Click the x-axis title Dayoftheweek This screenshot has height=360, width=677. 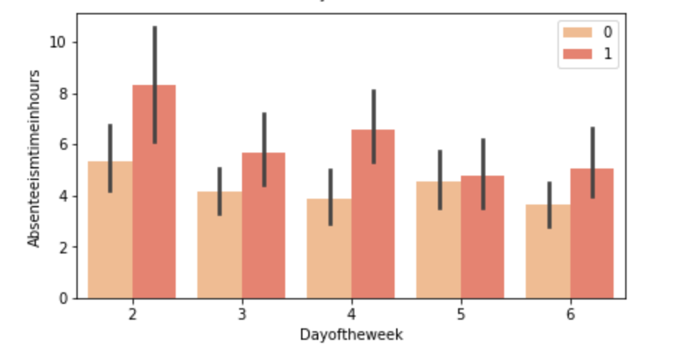[x=351, y=335]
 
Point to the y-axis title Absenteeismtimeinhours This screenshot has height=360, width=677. [x=34, y=158]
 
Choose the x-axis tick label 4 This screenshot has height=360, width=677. [x=351, y=315]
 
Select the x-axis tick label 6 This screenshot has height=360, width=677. [x=570, y=315]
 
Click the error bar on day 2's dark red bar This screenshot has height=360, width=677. [x=154, y=58]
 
